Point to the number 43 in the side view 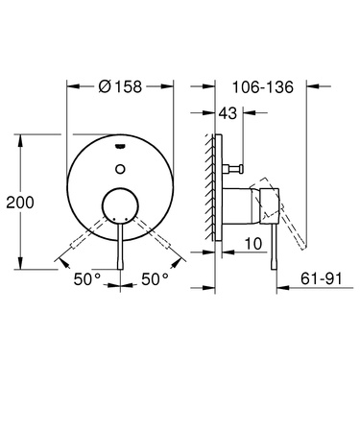pos(228,114)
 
